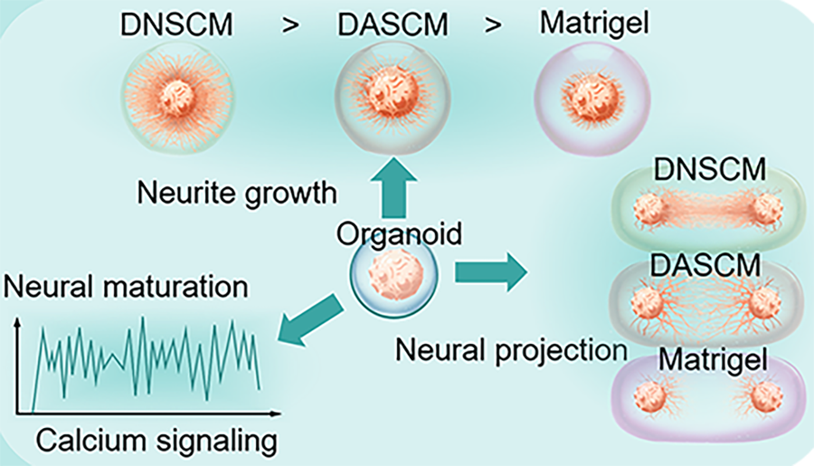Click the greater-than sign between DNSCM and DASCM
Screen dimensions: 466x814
coord(289,25)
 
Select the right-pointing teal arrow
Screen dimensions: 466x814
coord(491,272)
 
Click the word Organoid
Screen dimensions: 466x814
coord(399,233)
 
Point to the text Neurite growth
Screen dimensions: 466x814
coord(237,193)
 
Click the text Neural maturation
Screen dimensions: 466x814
coord(127,288)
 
